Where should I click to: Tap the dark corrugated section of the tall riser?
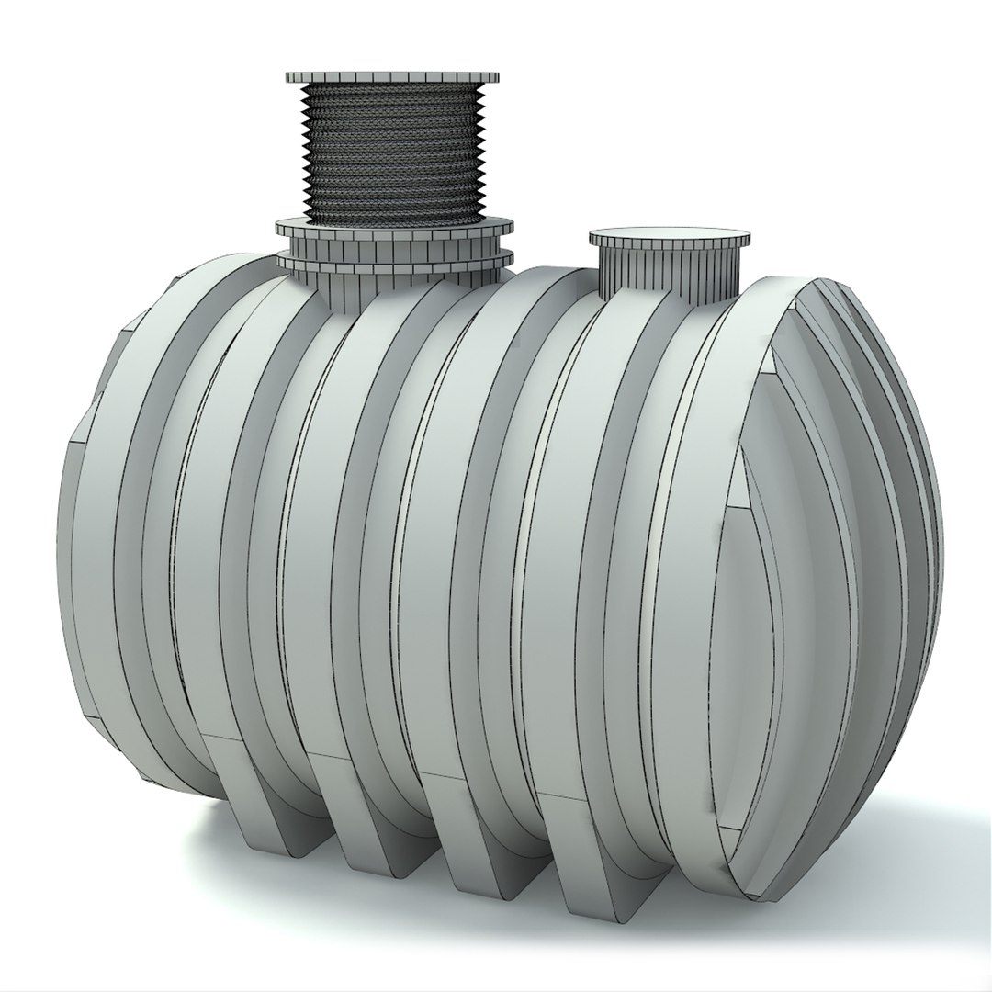coord(393,156)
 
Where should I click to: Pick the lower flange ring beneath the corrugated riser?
coord(395,262)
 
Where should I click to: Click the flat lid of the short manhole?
coord(669,238)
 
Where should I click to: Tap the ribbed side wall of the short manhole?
coord(669,271)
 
